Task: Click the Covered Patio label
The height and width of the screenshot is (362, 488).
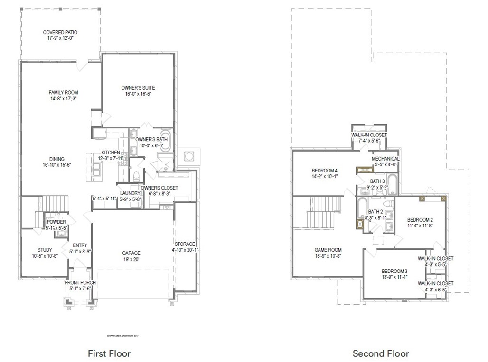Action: pos(60,32)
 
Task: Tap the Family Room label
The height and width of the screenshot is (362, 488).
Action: pos(63,92)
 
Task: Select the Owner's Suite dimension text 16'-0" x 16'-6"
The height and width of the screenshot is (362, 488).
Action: pos(138,94)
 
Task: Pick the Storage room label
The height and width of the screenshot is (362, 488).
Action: pos(185,244)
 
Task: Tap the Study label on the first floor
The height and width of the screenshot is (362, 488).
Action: pos(45,250)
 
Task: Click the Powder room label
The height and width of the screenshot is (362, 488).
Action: pos(56,222)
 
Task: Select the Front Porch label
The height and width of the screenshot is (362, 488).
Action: pos(80,282)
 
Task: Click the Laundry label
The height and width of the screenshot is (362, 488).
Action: pos(129,193)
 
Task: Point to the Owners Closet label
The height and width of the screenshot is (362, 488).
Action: pos(160,188)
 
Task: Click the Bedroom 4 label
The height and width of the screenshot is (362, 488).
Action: pos(324,171)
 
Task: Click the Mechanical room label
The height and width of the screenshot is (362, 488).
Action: pos(385,159)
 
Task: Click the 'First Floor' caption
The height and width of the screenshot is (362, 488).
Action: pos(109,353)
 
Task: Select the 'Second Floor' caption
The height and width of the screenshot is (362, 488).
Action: pos(381,353)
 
